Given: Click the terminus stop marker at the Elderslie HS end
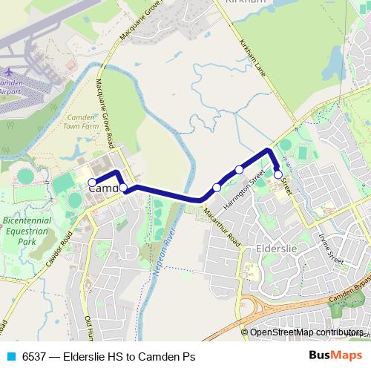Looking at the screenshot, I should (x=278, y=175).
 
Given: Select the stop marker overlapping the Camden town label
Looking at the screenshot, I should (x=123, y=188).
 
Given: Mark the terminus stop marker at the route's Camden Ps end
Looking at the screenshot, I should (x=92, y=182).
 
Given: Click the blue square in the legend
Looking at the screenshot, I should (x=10, y=357).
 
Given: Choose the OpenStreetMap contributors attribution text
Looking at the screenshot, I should (x=306, y=332).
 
